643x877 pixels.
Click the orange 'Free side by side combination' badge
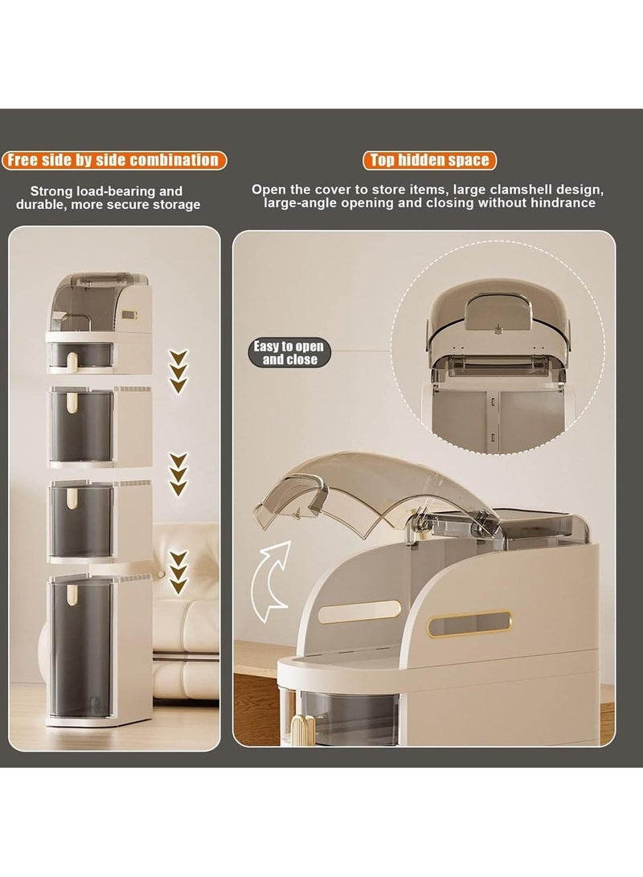114,161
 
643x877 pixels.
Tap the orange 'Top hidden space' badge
429,161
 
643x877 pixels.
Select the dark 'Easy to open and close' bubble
289,353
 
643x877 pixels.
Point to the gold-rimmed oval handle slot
469,623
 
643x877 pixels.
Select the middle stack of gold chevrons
178,474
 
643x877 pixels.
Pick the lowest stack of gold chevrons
178,572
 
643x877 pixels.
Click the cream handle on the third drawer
72,498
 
